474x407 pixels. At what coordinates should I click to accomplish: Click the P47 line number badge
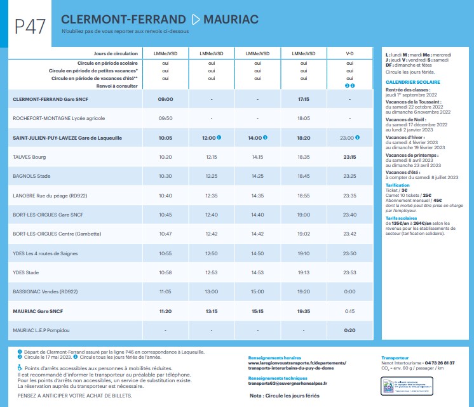click(30, 26)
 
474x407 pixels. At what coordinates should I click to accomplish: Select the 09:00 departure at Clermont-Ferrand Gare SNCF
click(165, 99)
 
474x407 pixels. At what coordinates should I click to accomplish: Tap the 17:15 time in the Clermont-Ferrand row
click(303, 99)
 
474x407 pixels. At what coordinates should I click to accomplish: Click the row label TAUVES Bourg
click(29, 156)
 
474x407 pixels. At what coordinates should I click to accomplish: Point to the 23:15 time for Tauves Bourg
click(349, 156)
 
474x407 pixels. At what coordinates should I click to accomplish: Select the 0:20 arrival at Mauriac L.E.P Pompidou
click(349, 330)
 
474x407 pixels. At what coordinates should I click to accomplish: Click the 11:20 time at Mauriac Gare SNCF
click(165, 311)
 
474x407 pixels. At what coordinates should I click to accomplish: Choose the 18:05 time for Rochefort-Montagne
click(303, 118)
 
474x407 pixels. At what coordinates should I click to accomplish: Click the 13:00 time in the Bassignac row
click(211, 291)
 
